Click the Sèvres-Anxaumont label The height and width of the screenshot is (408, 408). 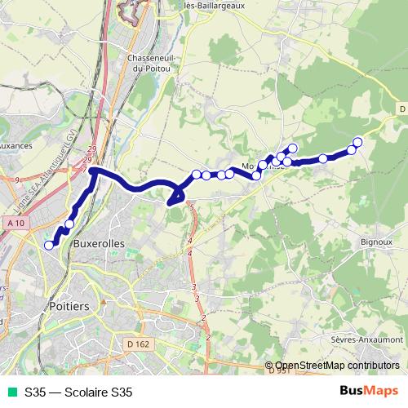click(367, 339)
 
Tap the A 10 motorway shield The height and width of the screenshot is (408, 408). click(15, 222)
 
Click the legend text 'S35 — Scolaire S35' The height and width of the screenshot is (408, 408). click(78, 392)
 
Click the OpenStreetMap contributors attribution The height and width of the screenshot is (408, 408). click(333, 366)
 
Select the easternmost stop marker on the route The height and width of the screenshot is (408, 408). click(357, 143)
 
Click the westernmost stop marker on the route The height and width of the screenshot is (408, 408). click(49, 245)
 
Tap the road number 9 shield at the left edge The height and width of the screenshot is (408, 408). click(16, 179)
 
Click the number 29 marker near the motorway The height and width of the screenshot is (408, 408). click(91, 149)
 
